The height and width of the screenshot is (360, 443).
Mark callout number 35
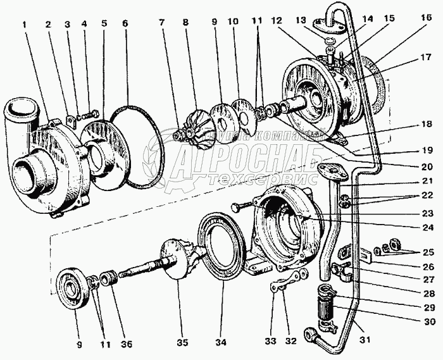pyautogui.click(x=182, y=345)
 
